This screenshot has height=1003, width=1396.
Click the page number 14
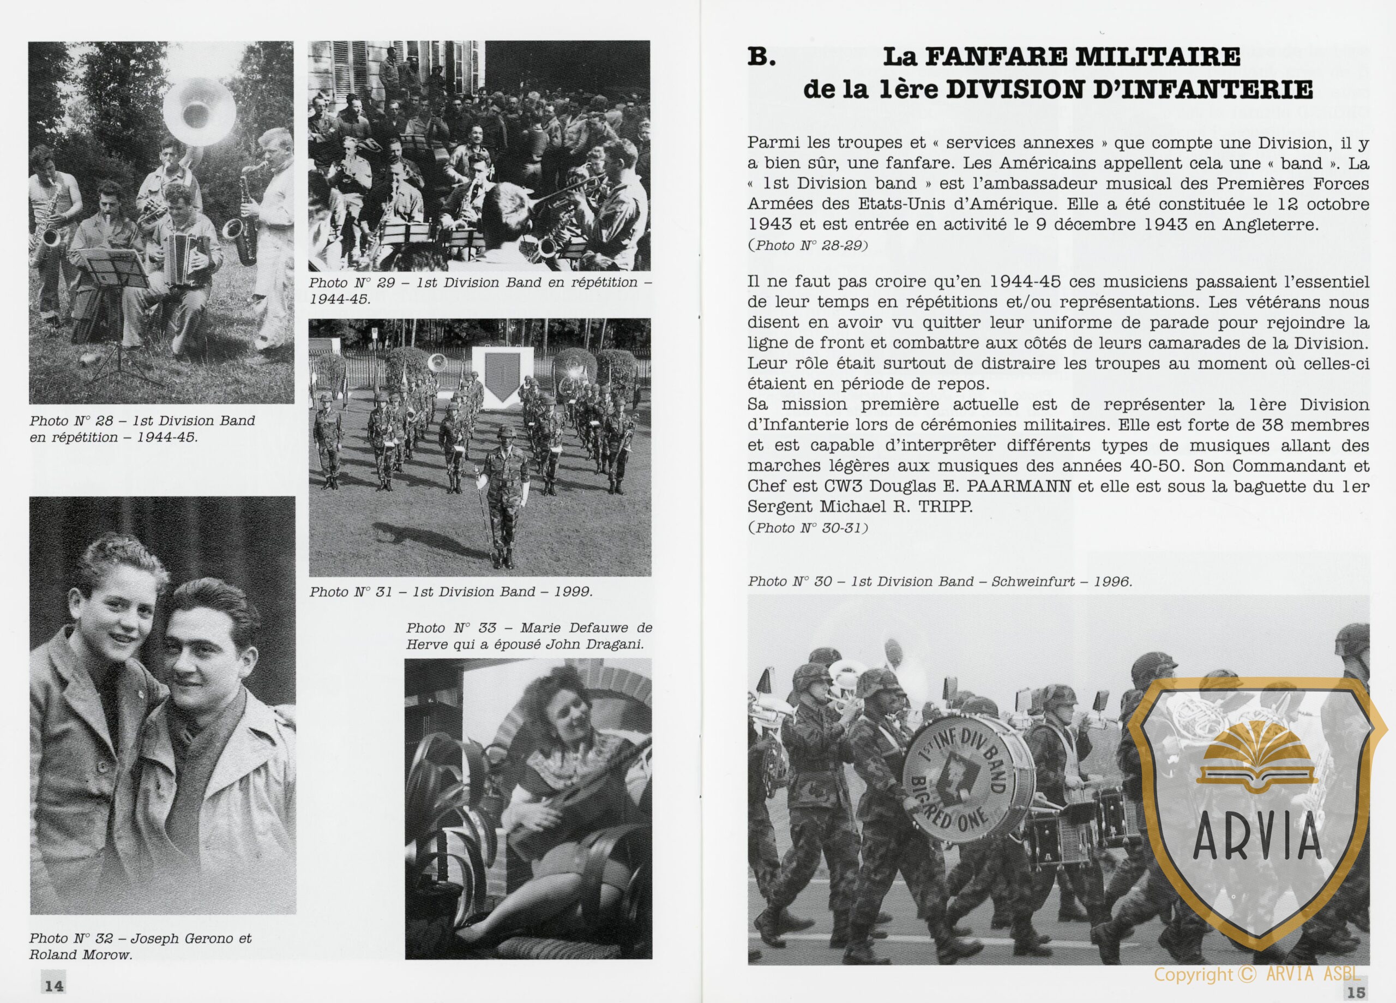(x=53, y=986)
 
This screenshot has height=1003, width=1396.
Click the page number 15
(x=1356, y=992)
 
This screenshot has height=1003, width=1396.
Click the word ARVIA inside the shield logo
(x=1257, y=836)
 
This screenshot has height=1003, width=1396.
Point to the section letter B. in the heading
(x=761, y=57)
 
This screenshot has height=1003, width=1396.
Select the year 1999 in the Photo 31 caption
(x=573, y=592)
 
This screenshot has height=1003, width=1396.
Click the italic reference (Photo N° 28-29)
(x=808, y=245)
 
